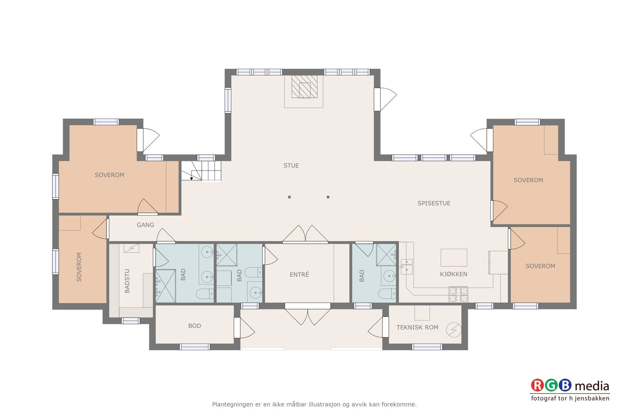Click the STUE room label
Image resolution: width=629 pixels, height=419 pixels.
click(291, 166)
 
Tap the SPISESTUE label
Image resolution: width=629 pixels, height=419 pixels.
click(434, 203)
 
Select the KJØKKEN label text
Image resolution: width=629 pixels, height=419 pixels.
click(454, 274)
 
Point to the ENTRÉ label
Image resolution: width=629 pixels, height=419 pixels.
click(299, 274)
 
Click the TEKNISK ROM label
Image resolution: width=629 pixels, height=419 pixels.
click(417, 327)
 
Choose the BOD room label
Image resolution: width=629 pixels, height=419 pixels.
click(195, 326)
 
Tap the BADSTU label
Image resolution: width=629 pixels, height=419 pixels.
click(127, 281)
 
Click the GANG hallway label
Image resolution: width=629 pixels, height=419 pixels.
click(145, 225)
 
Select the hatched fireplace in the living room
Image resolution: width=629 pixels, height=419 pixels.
click(304, 87)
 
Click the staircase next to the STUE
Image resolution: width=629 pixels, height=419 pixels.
click(201, 171)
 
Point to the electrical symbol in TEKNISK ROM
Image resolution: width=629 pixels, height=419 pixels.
click(454, 329)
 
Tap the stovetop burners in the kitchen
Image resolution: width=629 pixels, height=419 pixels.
click(458, 294)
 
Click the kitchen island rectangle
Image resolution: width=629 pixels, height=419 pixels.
click(454, 258)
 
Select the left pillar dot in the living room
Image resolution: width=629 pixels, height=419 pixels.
click(289, 197)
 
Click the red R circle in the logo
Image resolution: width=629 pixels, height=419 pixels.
click(537, 385)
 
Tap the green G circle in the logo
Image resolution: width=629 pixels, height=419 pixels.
click(551, 385)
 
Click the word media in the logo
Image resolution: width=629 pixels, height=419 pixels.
click(592, 386)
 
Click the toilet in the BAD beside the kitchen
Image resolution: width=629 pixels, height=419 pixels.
click(387, 294)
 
